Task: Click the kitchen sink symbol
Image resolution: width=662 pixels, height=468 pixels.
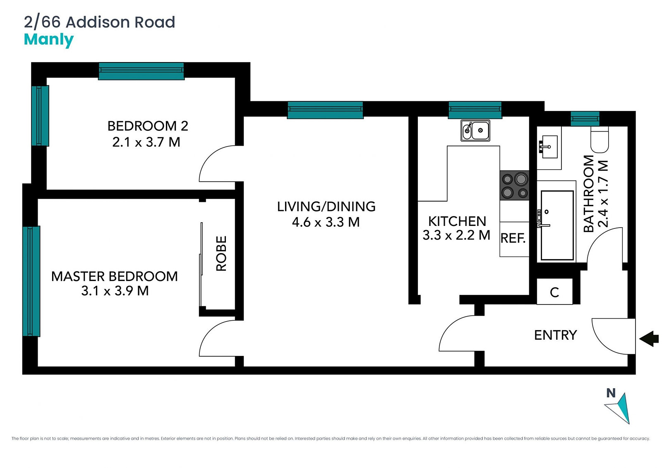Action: tap(475, 130)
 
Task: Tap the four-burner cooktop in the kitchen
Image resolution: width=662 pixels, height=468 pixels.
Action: tap(514, 185)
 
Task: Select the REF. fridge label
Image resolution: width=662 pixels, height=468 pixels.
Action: tap(513, 238)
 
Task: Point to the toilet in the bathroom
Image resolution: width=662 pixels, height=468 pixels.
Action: tap(600, 139)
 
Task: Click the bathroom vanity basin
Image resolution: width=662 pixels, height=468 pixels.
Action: tap(549, 146)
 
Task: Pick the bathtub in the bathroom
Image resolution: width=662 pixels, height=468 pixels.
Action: tap(557, 225)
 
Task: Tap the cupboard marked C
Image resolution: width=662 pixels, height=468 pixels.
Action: tap(554, 291)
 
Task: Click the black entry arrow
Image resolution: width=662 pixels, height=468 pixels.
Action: tap(649, 338)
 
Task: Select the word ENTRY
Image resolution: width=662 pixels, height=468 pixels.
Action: tap(556, 335)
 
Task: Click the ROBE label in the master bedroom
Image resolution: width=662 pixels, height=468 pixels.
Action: tap(221, 253)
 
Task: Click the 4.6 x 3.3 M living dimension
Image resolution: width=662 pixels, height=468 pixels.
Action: tap(326, 222)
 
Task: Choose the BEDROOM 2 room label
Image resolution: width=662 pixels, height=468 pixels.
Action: tap(148, 126)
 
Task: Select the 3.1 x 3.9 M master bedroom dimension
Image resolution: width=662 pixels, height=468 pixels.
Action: tap(115, 291)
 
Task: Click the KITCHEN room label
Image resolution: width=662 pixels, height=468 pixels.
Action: tap(457, 221)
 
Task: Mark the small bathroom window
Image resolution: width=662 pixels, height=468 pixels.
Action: tap(585, 119)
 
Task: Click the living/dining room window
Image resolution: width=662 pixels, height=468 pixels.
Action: tap(325, 110)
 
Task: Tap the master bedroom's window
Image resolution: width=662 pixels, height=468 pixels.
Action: tap(31, 281)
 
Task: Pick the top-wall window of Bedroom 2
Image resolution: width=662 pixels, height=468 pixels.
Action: tap(141, 71)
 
